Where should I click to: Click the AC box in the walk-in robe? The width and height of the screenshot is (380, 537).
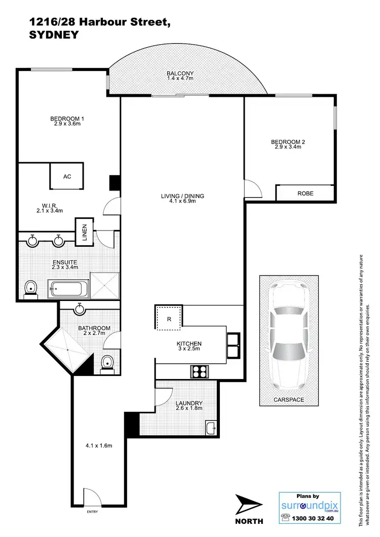[x=66, y=176]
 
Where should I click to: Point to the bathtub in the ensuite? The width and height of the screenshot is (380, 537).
[x=68, y=290]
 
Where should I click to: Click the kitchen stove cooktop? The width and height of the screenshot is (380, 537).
[x=200, y=371]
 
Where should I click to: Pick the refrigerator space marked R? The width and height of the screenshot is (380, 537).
[x=168, y=319]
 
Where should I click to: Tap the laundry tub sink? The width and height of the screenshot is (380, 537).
[x=211, y=428]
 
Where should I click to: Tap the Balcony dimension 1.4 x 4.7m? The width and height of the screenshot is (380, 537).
[x=180, y=79]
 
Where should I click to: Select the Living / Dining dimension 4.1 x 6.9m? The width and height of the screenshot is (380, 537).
[x=182, y=201]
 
